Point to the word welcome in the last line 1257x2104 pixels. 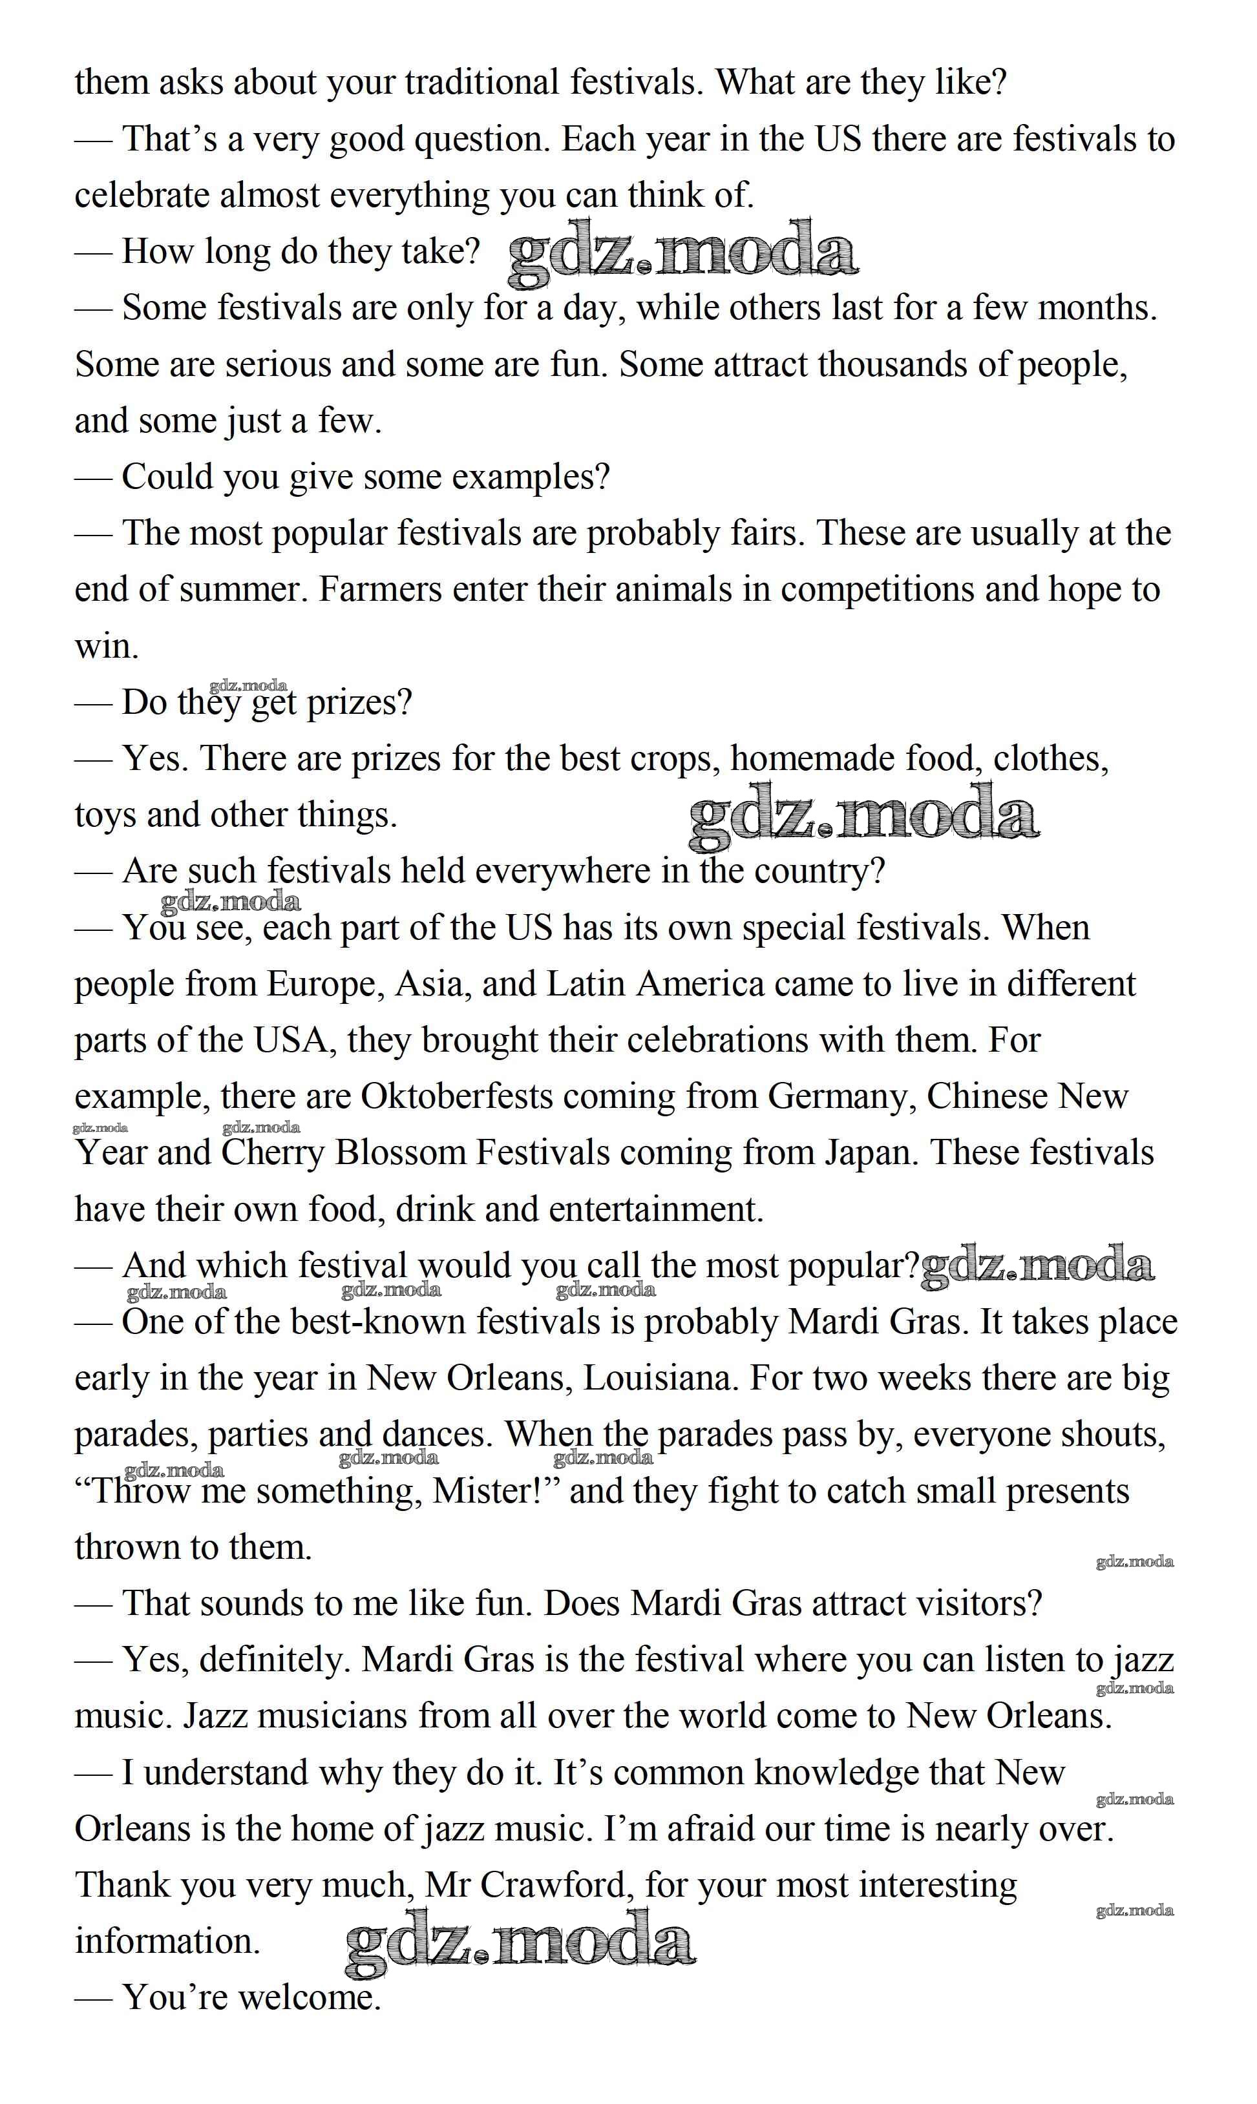click(x=308, y=1998)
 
